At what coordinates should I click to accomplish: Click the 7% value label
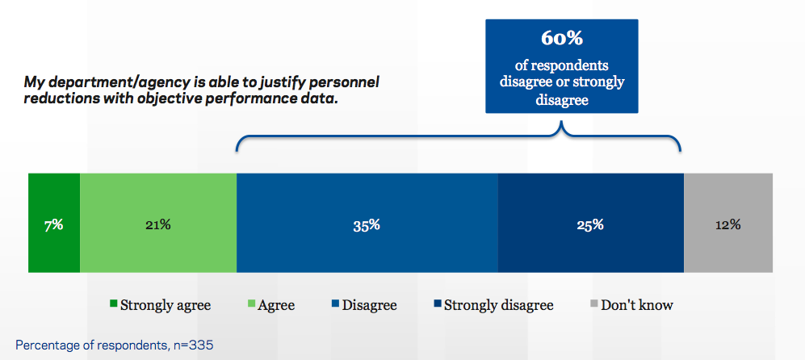(x=54, y=225)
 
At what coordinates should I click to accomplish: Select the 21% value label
(x=157, y=225)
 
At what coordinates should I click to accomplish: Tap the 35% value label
(x=367, y=225)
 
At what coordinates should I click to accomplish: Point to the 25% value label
(x=590, y=225)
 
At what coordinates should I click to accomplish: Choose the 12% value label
(x=727, y=225)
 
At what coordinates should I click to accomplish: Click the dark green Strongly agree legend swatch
(x=113, y=305)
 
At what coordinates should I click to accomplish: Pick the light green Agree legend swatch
(x=250, y=305)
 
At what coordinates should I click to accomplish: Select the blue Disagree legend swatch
(x=334, y=305)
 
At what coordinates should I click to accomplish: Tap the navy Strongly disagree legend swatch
(x=437, y=305)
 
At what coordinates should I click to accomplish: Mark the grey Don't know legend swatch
(x=593, y=305)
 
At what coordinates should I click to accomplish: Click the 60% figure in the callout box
(x=561, y=39)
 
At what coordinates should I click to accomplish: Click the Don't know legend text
(x=637, y=305)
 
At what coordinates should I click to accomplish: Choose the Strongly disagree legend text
(x=498, y=305)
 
